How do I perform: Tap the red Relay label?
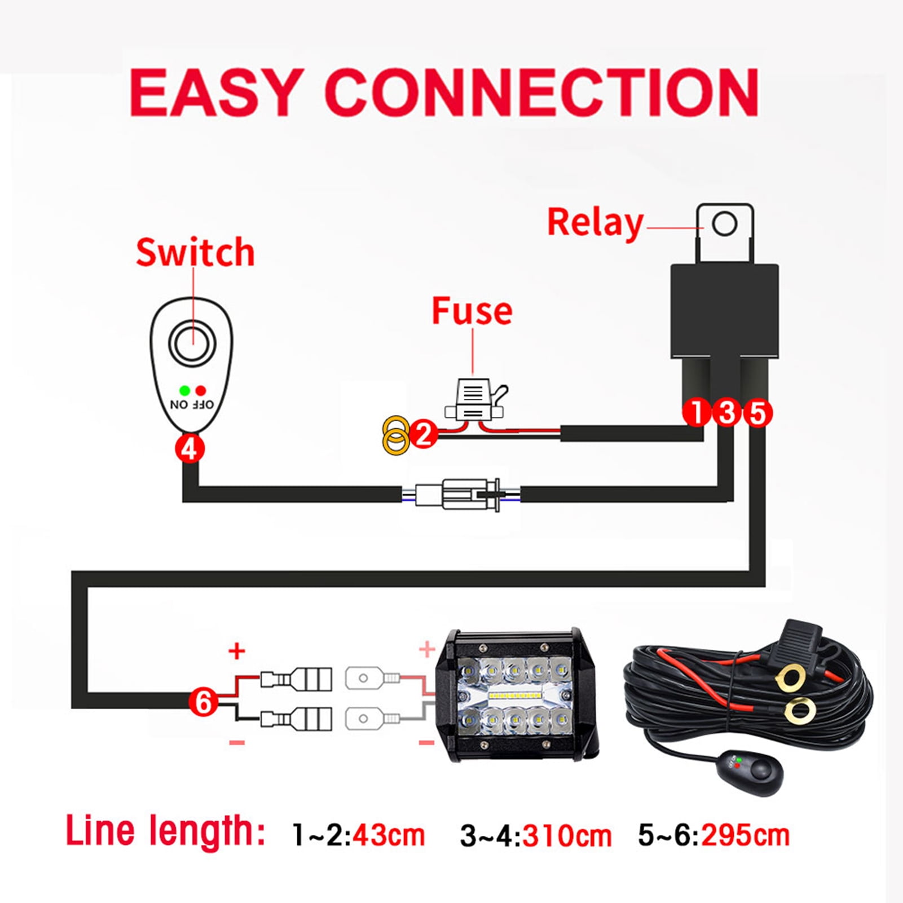pos(595,223)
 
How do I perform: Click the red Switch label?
pos(195,252)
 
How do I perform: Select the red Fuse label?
pos(472,311)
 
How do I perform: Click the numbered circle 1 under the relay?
pos(697,412)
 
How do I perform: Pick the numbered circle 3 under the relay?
pos(727,412)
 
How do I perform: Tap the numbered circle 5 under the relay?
pos(757,413)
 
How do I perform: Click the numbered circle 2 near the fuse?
pos(424,434)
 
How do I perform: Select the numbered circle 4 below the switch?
pos(190,449)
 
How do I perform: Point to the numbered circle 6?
pos(203,702)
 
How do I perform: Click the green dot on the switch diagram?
pos(184,390)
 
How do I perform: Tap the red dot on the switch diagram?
pos(201,390)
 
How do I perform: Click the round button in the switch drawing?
pos(192,342)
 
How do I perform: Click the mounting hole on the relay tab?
pos(725,224)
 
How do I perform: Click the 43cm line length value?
pos(389,835)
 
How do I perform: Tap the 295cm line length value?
pos(745,835)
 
